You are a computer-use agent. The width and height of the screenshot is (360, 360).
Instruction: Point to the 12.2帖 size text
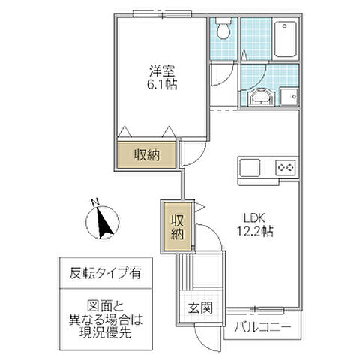[256, 232]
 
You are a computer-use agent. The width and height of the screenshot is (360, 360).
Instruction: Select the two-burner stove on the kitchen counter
[286, 167]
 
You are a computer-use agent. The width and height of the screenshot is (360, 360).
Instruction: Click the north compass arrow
[102, 223]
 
